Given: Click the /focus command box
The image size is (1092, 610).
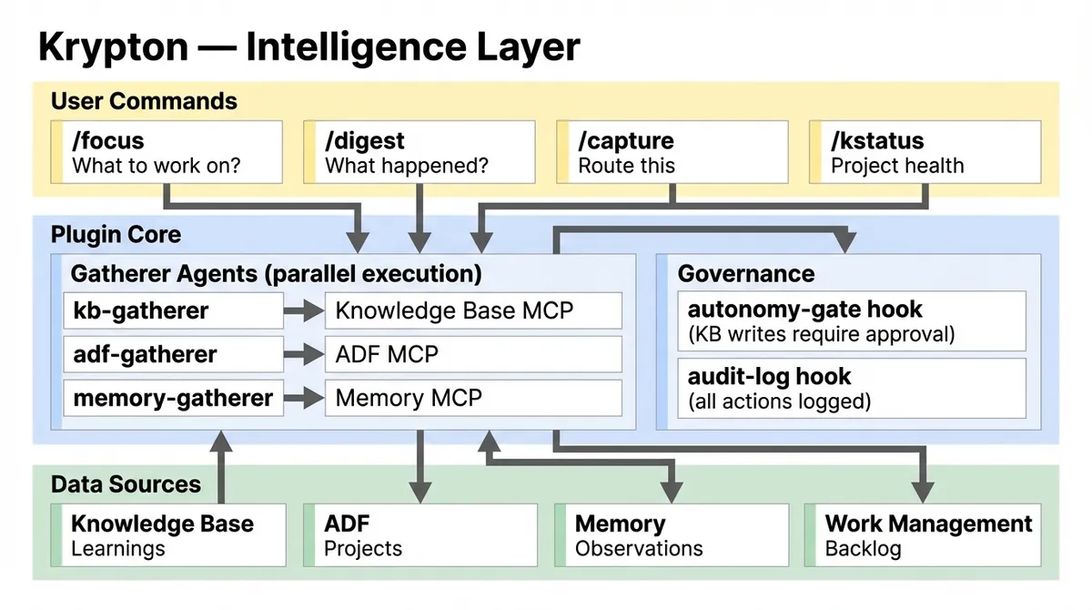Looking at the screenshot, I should [x=166, y=152].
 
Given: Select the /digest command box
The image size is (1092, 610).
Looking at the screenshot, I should [x=419, y=152].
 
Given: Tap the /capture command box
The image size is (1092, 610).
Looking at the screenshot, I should [x=672, y=152].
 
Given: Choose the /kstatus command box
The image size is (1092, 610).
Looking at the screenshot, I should [x=925, y=152].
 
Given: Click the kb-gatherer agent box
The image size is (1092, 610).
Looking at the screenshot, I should [x=173, y=310].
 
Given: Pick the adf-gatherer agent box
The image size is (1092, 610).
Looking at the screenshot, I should [x=173, y=354].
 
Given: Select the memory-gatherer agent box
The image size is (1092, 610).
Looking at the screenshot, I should [x=173, y=398].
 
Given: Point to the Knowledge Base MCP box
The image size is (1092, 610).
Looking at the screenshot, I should [x=473, y=310].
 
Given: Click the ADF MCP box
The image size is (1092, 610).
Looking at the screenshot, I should [x=473, y=354].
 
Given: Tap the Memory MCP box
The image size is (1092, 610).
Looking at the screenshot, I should [x=473, y=398].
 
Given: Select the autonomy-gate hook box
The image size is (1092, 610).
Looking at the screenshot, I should [x=851, y=320].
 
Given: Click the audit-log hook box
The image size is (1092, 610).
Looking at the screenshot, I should [x=851, y=387].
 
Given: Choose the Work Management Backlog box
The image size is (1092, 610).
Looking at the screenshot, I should [x=924, y=535].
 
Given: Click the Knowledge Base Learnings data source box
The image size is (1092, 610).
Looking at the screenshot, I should [x=168, y=535].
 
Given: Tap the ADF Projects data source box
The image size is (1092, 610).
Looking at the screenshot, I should [x=420, y=535].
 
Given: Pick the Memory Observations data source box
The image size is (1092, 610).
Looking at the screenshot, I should [x=673, y=535].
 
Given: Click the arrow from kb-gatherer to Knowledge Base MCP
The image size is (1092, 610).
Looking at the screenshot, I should [x=304, y=311].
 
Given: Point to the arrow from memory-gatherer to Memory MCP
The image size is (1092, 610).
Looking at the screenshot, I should [x=304, y=399].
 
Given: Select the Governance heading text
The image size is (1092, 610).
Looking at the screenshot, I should [x=745, y=273].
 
